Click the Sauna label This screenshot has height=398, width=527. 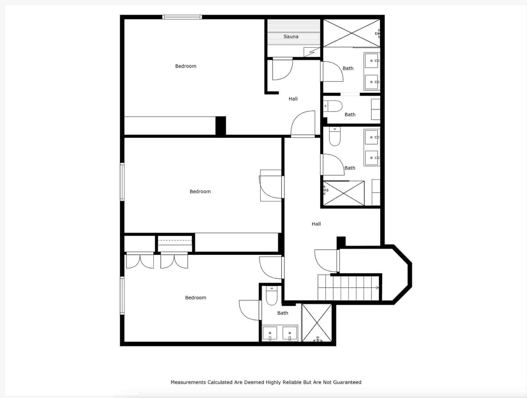(x=291, y=37)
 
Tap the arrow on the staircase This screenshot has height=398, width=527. (x=377, y=288)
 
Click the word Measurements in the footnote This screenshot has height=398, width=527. (x=188, y=382)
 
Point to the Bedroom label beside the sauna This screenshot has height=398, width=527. (x=186, y=66)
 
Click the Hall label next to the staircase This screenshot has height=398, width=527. (x=316, y=224)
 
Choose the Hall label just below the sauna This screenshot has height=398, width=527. (x=293, y=99)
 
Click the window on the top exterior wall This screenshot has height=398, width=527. (x=182, y=17)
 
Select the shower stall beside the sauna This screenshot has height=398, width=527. (x=351, y=33)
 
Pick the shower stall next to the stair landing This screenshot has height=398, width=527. (x=317, y=322)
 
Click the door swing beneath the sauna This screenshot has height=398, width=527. (x=282, y=69)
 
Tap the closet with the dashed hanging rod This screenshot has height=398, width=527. (x=175, y=243)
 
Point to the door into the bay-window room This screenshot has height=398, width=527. (x=338, y=260)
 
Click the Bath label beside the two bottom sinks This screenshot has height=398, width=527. (x=283, y=313)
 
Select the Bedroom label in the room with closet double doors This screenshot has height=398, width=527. (x=196, y=298)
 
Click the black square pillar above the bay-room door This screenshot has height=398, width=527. (x=341, y=242)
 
